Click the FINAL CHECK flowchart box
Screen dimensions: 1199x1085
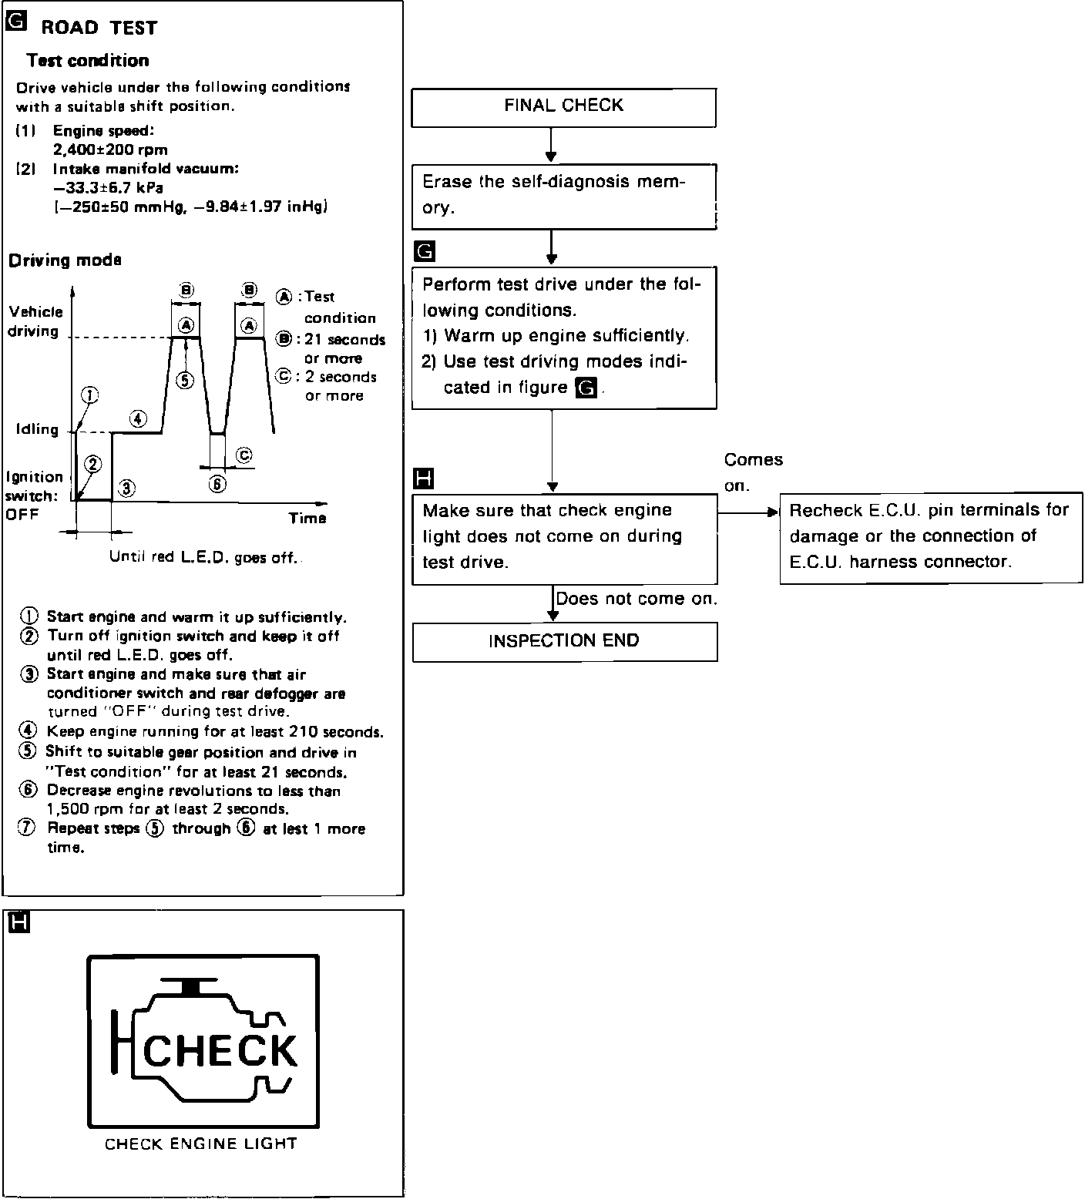[x=563, y=106]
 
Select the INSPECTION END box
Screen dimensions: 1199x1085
[x=564, y=641]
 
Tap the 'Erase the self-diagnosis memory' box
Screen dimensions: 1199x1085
[x=563, y=196]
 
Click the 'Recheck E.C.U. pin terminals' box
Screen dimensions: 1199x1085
[x=930, y=537]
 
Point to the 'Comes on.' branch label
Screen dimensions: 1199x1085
[x=752, y=472]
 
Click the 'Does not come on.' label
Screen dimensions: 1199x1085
[x=637, y=599]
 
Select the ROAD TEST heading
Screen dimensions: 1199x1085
[x=99, y=29]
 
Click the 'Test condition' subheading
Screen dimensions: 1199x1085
[x=87, y=61]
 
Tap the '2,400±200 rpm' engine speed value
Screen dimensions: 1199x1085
[x=110, y=149]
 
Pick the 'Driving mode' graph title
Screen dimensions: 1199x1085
[x=65, y=260]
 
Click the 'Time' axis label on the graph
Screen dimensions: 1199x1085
[x=307, y=518]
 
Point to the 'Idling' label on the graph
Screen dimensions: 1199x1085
[x=37, y=429]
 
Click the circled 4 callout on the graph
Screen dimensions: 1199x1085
[x=137, y=418]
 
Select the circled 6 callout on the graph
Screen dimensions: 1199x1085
[x=217, y=484]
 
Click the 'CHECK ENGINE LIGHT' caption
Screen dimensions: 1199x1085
[x=200, y=1144]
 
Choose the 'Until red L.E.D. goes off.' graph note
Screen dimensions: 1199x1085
[x=203, y=557]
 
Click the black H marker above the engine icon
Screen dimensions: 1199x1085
[x=17, y=922]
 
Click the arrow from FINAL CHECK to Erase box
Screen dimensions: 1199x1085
[x=551, y=145]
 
